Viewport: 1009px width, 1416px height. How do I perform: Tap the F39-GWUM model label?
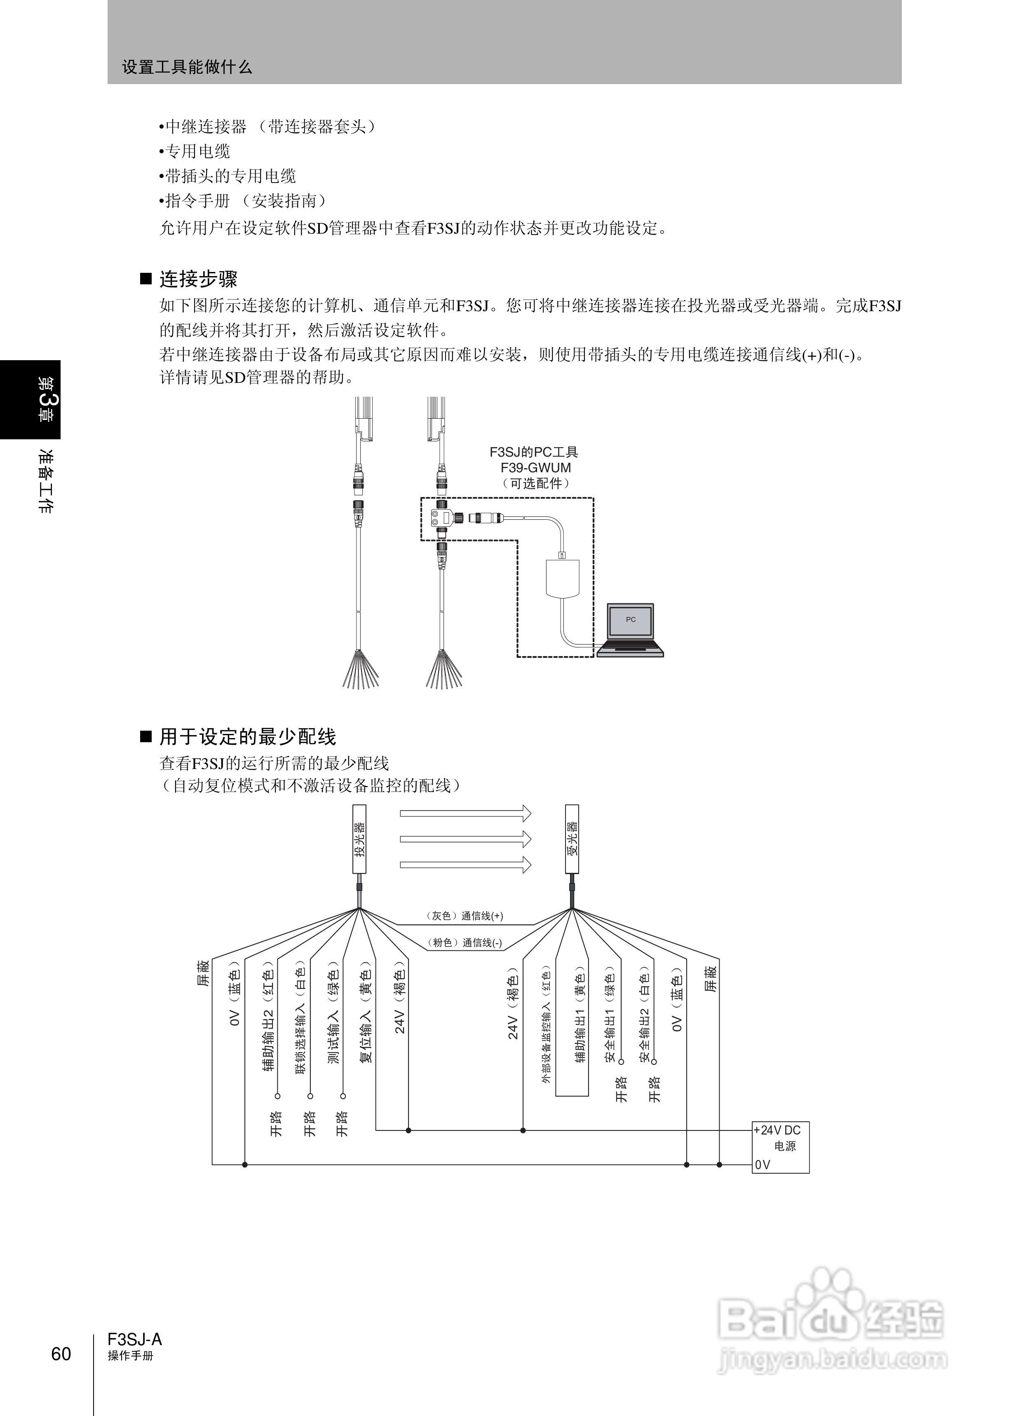535,468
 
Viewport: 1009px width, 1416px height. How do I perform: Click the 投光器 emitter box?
359,839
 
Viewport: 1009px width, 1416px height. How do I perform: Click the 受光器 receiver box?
572,839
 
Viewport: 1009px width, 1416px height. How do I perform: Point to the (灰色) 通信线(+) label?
464,915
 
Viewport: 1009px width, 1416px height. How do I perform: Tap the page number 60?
61,1354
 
